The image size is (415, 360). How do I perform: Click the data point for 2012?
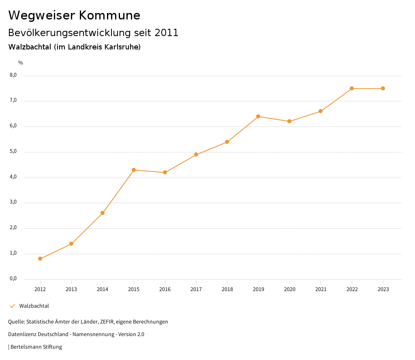[40, 259]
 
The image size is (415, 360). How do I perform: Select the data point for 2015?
[134, 170]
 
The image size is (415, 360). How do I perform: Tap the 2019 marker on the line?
[258, 116]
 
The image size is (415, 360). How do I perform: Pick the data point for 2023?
[383, 88]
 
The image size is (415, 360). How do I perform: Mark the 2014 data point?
[103, 213]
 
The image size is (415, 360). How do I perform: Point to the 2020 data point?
[289, 121]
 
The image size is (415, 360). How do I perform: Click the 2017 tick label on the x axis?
[196, 289]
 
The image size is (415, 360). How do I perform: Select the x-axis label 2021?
[321, 289]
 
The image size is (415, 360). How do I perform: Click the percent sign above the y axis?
[21, 63]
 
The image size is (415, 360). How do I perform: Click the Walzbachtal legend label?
[34, 306]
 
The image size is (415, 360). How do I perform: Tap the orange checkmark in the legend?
[12, 306]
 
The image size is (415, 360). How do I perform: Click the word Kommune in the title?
[110, 15]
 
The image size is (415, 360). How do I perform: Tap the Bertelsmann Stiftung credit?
[36, 347]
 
